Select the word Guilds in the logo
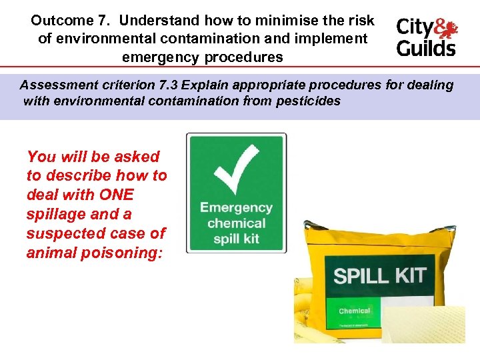click(x=426, y=49)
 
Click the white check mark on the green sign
click(x=236, y=167)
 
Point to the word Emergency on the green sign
click(x=236, y=207)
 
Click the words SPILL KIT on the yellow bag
click(x=380, y=275)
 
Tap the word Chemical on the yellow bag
click(x=355, y=311)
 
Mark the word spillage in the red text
click(x=52, y=215)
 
